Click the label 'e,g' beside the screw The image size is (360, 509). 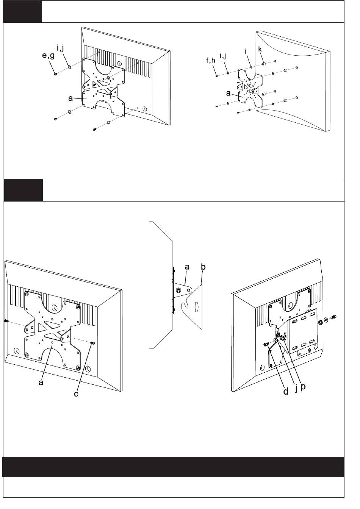tap(49, 55)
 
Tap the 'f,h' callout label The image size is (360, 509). tap(211, 60)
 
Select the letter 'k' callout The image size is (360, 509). tap(260, 49)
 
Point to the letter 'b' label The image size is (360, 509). tap(203, 267)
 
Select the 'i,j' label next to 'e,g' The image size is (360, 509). tap(60, 48)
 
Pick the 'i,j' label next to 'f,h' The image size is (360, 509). tap(223, 55)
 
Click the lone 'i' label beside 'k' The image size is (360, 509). tap(246, 52)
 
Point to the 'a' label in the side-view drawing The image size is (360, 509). tap(187, 267)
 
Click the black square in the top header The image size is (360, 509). tap(22, 11)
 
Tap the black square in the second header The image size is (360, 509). tap(23, 190)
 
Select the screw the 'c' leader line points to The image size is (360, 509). tap(92, 343)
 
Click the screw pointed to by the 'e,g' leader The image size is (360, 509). tap(55, 74)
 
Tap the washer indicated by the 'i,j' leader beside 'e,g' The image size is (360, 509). tap(69, 67)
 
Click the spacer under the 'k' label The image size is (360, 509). tap(264, 64)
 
